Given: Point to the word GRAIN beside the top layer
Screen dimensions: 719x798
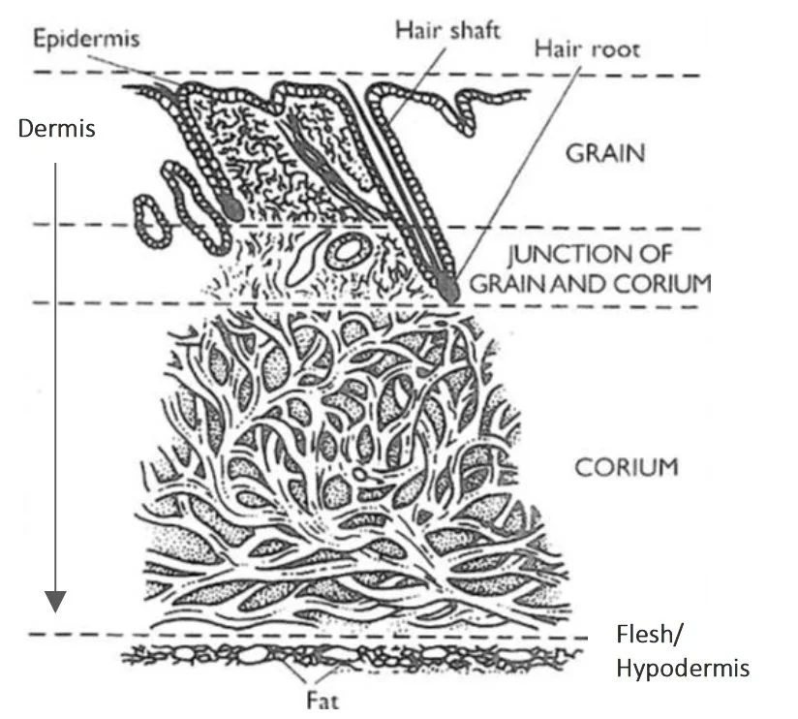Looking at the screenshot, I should coord(605,154).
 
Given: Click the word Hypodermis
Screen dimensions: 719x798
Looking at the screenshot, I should coord(683,669).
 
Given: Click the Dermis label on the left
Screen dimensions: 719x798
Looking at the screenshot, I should coord(57,128).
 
